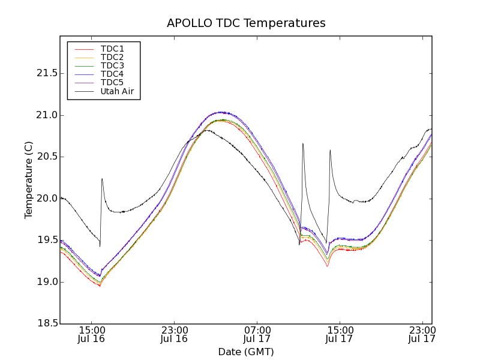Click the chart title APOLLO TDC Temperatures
(x=246, y=23)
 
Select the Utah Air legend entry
(x=116, y=91)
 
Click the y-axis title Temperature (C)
(x=29, y=180)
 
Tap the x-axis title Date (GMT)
(x=246, y=352)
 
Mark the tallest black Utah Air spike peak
(x=303, y=143)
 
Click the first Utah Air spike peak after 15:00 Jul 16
(x=102, y=178)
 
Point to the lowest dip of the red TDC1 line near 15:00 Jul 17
(x=327, y=266)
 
